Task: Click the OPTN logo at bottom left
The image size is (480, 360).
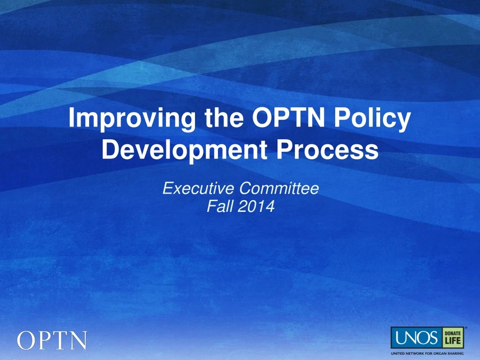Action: [52, 340]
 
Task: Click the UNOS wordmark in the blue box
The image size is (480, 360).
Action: [416, 337]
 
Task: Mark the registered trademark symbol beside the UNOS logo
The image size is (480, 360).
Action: [465, 328]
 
